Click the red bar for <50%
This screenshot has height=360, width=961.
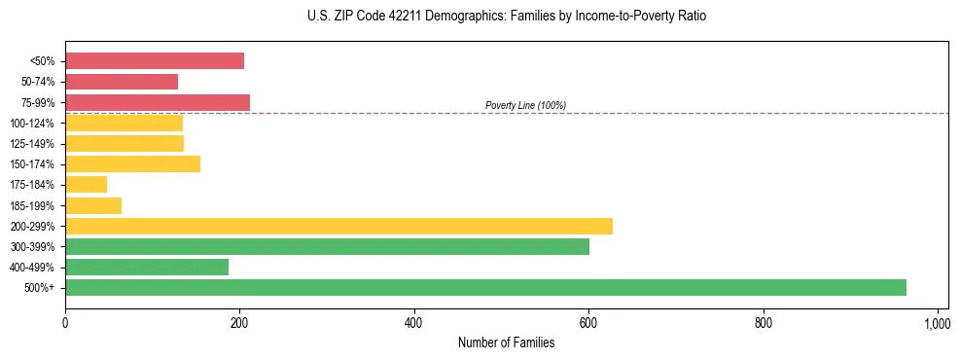(x=155, y=61)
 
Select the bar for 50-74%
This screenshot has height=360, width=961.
(x=122, y=82)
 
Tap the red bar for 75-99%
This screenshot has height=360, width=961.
(x=158, y=102)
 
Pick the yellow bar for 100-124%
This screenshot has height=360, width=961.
(x=124, y=123)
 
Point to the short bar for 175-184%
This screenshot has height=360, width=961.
(x=86, y=185)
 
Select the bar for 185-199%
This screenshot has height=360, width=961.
(x=93, y=205)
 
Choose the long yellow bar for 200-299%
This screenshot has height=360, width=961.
(x=338, y=226)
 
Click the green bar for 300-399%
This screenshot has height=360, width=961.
(x=327, y=247)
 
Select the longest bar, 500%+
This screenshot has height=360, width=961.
(x=485, y=288)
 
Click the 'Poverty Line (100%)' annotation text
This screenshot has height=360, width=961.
(x=525, y=105)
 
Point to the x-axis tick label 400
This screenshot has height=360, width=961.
(x=414, y=323)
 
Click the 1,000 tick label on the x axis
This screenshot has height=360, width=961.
(x=937, y=323)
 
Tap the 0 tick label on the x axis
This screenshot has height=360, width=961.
(x=65, y=323)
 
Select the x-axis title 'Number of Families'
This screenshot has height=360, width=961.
(x=506, y=342)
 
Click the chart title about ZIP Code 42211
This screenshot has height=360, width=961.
(x=506, y=17)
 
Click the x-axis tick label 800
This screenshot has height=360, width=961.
(x=764, y=323)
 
